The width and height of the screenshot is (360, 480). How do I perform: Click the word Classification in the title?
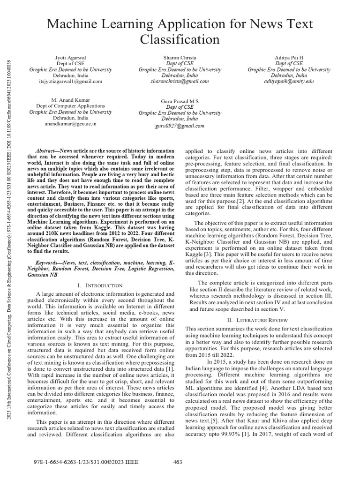(x=180, y=39)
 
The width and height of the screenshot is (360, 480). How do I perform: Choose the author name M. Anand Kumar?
(x=70, y=100)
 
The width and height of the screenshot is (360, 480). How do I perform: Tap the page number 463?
(x=178, y=462)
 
